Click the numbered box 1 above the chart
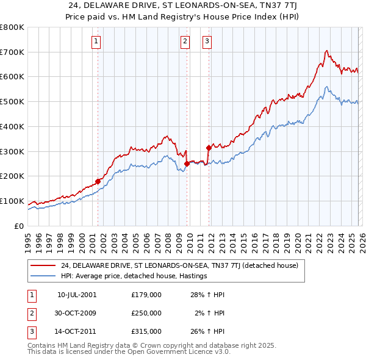coord(97,41)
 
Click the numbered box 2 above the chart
coord(185,41)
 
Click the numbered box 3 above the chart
coord(207,41)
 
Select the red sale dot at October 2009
coord(187,164)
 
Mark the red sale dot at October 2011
coord(209,147)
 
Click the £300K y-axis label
coord(12,151)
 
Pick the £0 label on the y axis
coord(19,226)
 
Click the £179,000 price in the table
coord(146,295)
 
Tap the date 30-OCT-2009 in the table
coord(76,313)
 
